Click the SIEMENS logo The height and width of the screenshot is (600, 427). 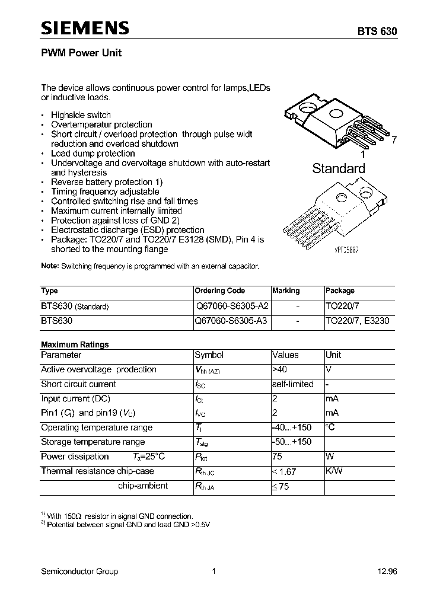(x=85, y=28)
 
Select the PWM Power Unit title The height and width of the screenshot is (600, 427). (x=81, y=53)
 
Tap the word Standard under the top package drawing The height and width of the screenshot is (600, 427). (x=339, y=168)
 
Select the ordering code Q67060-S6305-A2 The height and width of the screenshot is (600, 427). (x=231, y=307)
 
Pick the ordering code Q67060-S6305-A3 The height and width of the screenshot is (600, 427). (x=231, y=321)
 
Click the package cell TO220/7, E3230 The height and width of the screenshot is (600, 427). (x=358, y=321)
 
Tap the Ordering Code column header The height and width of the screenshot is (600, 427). (x=219, y=291)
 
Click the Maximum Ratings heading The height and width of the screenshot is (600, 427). (x=75, y=344)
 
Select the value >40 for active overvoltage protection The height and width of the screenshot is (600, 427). (x=281, y=369)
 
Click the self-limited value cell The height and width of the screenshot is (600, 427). (x=292, y=384)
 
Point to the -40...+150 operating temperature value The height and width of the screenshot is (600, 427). (x=291, y=427)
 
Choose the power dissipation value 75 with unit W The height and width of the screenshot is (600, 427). (x=278, y=457)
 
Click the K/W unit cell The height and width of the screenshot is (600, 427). (x=334, y=471)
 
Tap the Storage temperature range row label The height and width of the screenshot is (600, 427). (x=93, y=442)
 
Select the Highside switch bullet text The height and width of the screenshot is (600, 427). (x=81, y=115)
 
